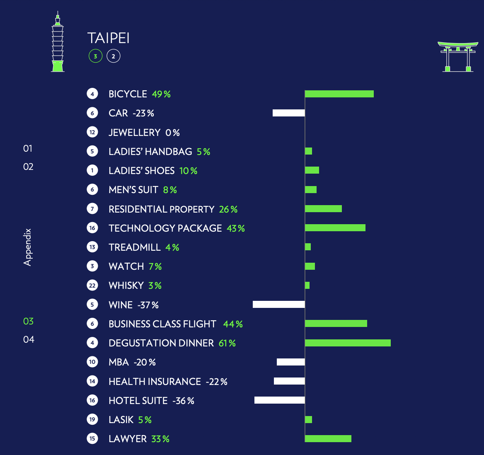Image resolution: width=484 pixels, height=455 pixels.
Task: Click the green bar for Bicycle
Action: point(339,94)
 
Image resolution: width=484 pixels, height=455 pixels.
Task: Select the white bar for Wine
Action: point(279,304)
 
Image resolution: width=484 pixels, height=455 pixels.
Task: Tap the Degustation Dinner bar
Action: point(348,343)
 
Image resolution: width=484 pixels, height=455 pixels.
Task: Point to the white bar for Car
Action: point(288,113)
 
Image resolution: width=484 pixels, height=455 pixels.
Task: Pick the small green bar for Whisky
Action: point(307,285)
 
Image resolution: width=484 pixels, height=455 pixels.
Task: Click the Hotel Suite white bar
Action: point(280,400)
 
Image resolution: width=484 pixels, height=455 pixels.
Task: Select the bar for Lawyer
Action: point(328,439)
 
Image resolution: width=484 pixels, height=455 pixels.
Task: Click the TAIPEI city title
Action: point(108,38)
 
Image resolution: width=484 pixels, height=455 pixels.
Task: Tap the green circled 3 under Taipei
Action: point(95,56)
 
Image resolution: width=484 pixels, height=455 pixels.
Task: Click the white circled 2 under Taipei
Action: point(113,56)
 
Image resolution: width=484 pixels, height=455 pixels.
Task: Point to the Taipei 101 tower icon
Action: point(58,42)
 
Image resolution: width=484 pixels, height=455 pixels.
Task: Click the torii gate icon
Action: point(458,57)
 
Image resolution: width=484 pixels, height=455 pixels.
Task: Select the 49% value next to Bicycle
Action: point(161,94)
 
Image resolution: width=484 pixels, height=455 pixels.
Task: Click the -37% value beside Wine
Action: point(148,305)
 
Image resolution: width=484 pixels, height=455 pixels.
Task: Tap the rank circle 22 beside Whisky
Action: point(92,286)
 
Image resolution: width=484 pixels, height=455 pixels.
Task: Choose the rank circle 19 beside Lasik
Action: point(92,419)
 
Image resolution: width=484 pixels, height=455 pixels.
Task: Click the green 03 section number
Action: point(29,321)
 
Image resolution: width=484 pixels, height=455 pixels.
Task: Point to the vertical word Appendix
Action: point(27,247)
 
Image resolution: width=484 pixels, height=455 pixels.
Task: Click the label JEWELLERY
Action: point(135,133)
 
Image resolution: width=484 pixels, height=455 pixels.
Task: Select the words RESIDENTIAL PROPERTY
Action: point(162,209)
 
